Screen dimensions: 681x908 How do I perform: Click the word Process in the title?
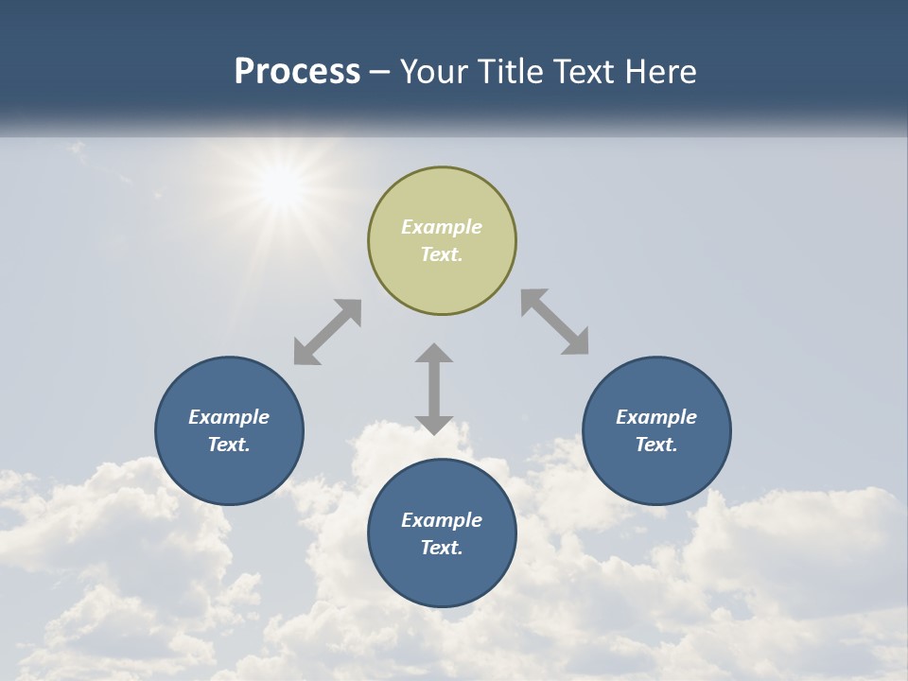click(x=297, y=72)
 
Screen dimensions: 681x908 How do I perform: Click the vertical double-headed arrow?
click(x=434, y=389)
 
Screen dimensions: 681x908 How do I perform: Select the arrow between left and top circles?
click(x=327, y=332)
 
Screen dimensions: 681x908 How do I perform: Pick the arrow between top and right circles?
click(x=554, y=322)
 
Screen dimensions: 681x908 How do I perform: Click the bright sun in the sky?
click(x=281, y=186)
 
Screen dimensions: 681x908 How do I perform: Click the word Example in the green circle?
click(x=442, y=227)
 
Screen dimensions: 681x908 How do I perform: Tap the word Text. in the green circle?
click(x=442, y=254)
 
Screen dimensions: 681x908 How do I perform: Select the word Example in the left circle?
click(x=229, y=417)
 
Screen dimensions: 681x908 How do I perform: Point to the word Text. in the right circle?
click(x=656, y=445)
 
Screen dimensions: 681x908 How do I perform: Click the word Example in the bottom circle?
click(x=442, y=520)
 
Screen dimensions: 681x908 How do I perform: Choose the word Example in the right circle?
click(x=656, y=417)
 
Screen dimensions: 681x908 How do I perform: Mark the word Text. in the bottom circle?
click(x=442, y=548)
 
